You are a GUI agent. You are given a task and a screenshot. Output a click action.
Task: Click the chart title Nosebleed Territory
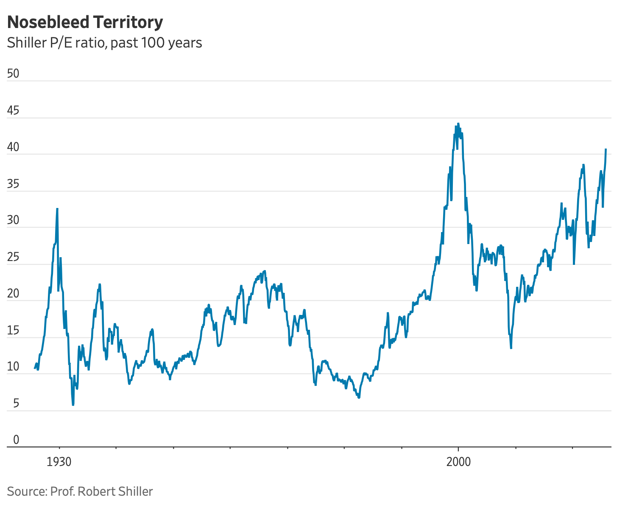[85, 22]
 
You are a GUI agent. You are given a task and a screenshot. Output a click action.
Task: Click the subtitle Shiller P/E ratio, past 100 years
[104, 43]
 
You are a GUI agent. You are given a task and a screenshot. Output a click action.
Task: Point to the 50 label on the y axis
[14, 73]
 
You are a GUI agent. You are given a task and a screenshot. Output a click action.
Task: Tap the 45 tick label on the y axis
[14, 111]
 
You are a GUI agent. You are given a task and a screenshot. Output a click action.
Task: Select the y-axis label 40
[14, 147]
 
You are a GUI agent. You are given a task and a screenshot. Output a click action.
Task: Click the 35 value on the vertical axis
[14, 184]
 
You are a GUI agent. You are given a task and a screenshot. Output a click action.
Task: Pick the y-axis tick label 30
[14, 221]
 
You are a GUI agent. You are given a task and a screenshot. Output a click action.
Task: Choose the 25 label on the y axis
[14, 257]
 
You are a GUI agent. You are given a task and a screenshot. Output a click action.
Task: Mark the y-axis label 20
[14, 294]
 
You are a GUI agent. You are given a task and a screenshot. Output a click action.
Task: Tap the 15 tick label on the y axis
[14, 330]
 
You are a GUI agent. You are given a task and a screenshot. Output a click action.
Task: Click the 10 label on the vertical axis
[14, 367]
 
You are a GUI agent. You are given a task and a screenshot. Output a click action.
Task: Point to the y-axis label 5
[16, 403]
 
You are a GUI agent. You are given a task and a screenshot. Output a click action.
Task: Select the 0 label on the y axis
[16, 440]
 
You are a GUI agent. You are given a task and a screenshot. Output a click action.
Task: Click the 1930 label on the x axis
[59, 462]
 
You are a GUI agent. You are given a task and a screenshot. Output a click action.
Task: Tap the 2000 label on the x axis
[458, 462]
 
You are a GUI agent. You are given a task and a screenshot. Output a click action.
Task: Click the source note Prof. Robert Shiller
[80, 491]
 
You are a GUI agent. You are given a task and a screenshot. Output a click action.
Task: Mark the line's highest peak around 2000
[458, 124]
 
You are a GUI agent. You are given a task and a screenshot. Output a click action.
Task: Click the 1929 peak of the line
[57, 209]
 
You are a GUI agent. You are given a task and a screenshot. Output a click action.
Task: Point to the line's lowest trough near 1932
[73, 405]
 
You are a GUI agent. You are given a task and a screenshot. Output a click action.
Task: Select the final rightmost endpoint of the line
[606, 149]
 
